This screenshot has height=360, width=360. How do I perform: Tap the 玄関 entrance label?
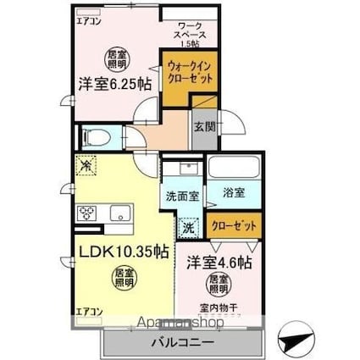click(x=204, y=126)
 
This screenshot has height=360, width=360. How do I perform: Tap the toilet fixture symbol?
click(x=96, y=136)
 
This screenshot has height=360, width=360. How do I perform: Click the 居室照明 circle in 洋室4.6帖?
click(x=219, y=285)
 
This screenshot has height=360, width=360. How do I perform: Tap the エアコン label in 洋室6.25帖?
click(x=87, y=19)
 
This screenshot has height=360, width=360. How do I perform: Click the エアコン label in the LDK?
click(x=87, y=311)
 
